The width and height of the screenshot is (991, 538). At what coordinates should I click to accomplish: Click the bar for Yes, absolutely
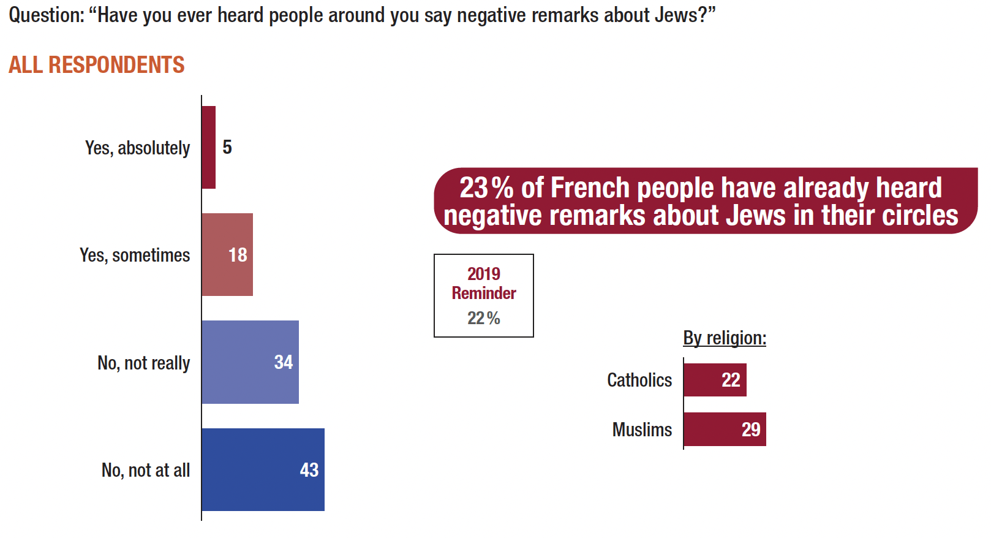point(208,147)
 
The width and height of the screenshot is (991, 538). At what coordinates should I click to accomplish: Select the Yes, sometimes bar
point(227,254)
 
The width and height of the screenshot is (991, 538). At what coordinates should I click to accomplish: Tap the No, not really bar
point(250,362)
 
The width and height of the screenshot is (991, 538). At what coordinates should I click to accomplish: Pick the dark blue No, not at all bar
point(263,469)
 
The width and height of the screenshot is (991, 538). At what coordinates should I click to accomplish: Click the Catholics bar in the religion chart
point(715,380)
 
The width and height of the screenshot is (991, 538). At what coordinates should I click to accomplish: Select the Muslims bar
point(725,429)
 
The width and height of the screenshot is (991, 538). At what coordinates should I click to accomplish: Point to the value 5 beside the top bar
point(227,147)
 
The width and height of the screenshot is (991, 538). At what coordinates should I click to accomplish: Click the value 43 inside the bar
point(309,470)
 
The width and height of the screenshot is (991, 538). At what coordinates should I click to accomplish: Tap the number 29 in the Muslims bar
point(751,430)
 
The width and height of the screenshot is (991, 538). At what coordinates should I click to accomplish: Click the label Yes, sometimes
point(135,255)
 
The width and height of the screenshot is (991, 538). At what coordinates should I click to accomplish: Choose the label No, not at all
point(146,470)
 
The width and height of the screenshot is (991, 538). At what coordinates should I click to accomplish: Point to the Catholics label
point(639,380)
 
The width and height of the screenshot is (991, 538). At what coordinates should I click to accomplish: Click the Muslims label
point(642,430)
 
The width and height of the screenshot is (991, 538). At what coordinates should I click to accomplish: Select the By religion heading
point(725,338)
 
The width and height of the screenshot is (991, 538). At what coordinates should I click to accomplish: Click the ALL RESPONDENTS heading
point(96,65)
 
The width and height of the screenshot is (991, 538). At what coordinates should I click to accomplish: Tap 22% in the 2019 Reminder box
point(484,318)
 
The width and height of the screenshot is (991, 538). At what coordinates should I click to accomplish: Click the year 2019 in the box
point(484,273)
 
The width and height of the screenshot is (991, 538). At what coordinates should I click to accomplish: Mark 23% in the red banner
point(486,188)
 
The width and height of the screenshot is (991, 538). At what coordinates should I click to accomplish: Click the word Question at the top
point(46,15)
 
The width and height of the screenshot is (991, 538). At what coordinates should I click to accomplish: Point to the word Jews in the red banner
point(756,216)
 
